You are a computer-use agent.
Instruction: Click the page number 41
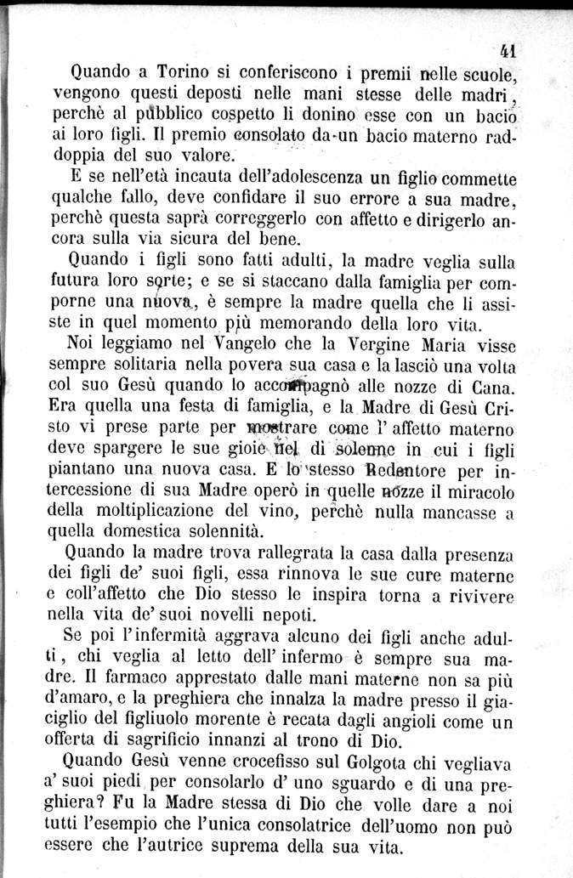coord(510,48)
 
